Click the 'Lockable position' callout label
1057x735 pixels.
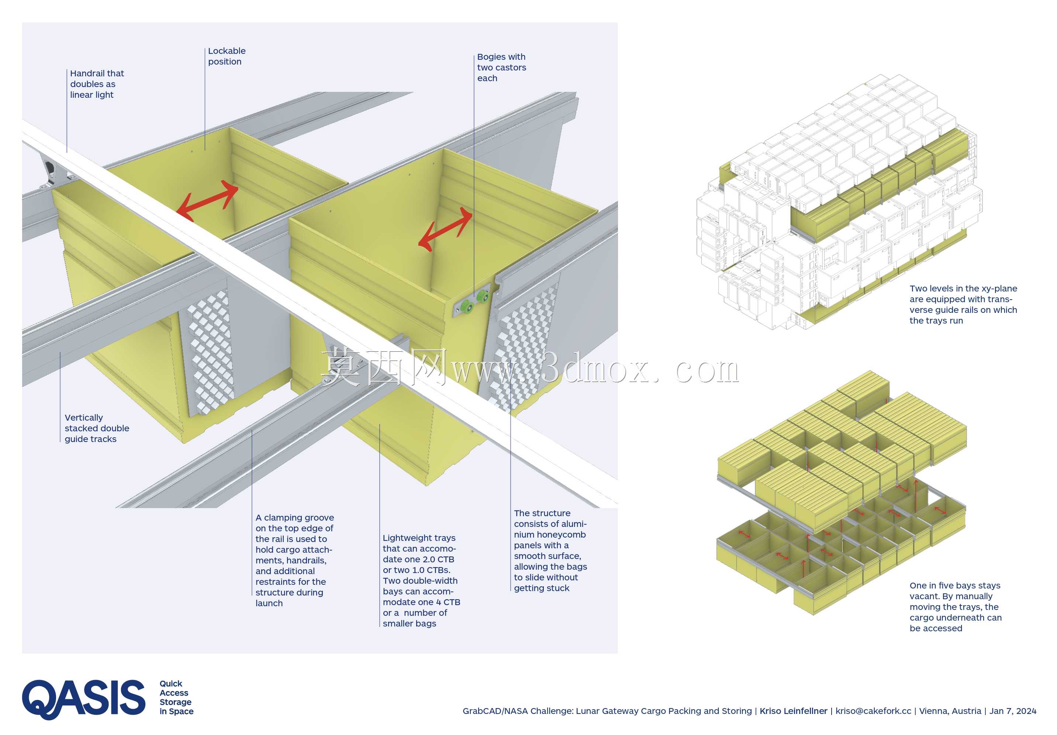(x=227, y=56)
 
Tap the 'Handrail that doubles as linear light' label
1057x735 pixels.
(x=97, y=84)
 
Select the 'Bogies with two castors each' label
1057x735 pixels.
(x=501, y=67)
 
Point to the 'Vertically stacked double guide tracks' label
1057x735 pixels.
(x=97, y=428)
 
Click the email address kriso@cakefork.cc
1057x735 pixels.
(x=873, y=711)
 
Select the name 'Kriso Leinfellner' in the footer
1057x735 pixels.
(x=793, y=711)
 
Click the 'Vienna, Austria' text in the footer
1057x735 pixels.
(x=950, y=711)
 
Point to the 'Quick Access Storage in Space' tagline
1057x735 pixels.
(x=176, y=697)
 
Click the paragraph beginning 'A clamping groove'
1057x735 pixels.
(x=295, y=560)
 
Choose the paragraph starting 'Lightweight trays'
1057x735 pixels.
(x=421, y=580)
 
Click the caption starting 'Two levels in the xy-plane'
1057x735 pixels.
(x=963, y=304)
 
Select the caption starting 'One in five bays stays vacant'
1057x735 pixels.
(x=955, y=607)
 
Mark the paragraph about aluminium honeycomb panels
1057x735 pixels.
(x=550, y=551)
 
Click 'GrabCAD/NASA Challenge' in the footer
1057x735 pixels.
(x=518, y=711)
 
